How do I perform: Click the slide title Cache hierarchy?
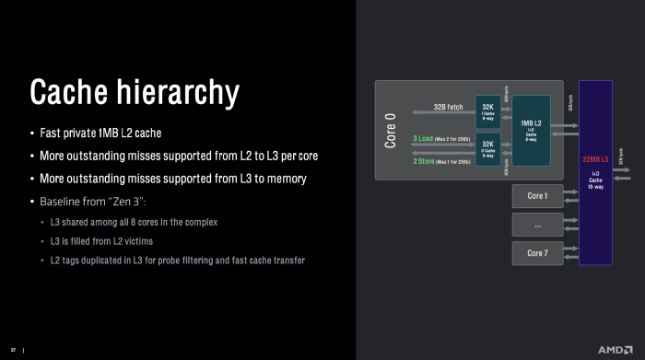[x=135, y=92]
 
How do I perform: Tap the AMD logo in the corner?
[x=615, y=350]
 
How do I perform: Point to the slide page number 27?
[x=13, y=350]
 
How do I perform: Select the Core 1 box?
[x=536, y=196]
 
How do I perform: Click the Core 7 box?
[x=536, y=253]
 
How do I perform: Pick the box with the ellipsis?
[x=536, y=225]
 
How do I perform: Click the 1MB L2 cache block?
[x=531, y=130]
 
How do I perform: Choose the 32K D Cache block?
[x=487, y=149]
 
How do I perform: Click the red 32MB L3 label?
[x=594, y=160]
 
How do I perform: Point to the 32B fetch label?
[x=448, y=107]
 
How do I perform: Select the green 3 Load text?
[x=425, y=138]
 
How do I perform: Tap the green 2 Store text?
[x=425, y=161]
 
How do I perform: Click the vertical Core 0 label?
[x=390, y=130]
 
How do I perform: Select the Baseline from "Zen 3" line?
[x=93, y=201]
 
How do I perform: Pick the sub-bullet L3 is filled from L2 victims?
[x=114, y=241]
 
